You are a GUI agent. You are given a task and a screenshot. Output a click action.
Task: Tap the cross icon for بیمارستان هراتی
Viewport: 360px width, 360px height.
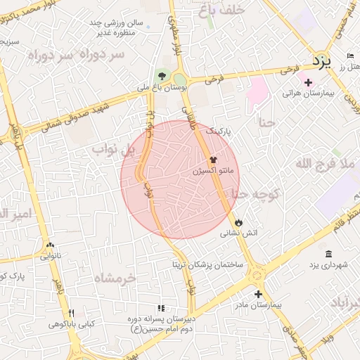pos(308,82)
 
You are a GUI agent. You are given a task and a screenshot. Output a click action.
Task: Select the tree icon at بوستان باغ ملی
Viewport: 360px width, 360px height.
pos(162,75)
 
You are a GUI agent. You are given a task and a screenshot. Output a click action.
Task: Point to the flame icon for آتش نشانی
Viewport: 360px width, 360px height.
pos(239,222)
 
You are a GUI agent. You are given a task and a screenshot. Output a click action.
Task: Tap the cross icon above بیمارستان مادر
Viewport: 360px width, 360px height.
pos(258,294)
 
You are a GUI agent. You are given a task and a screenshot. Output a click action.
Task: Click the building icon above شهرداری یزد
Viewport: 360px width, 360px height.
pos(328,254)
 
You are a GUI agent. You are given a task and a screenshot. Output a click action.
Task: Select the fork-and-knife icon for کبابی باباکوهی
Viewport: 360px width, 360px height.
pos(70,313)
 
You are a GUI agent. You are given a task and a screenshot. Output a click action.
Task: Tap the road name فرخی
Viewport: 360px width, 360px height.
pos(287,70)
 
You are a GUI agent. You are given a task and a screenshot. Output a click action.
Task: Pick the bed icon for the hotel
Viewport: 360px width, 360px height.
pos(350,56)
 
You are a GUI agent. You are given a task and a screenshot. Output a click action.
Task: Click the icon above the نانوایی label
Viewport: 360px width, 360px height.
pos(49,245)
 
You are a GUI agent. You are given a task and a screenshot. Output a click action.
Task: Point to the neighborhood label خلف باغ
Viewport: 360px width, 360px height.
pos(221,10)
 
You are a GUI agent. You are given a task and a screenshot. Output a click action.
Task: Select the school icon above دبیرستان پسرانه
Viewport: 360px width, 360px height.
pos(161,308)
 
